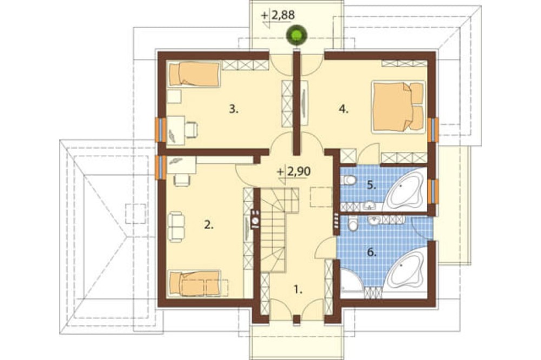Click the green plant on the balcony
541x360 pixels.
296,36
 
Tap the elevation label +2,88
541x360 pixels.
278,16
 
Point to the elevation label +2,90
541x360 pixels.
294,171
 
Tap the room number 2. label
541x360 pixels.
209,225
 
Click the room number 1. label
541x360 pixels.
298,290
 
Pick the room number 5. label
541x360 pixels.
371,185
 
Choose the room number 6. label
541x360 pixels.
371,253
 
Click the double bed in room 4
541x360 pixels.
398,106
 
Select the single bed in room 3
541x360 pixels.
194,74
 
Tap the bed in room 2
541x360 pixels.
194,283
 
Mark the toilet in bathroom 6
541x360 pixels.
353,224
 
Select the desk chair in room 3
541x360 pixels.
192,130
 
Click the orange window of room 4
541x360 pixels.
432,130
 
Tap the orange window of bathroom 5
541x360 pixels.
432,191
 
